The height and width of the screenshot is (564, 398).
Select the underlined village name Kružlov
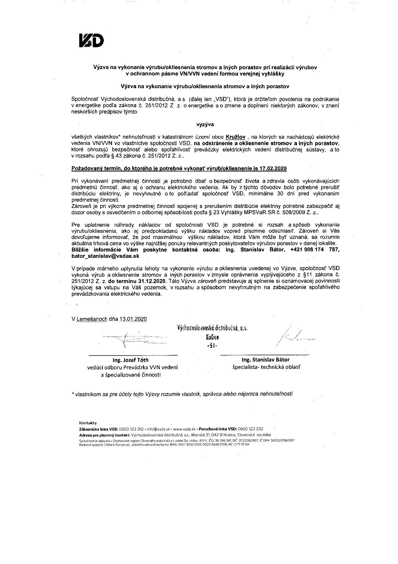235,137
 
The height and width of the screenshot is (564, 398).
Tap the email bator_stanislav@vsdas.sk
105,256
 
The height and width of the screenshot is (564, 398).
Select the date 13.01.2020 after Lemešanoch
133,319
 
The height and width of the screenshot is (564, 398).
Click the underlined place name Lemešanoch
92,319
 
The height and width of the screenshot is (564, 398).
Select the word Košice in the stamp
213,337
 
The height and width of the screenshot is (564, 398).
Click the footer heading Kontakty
88,423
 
